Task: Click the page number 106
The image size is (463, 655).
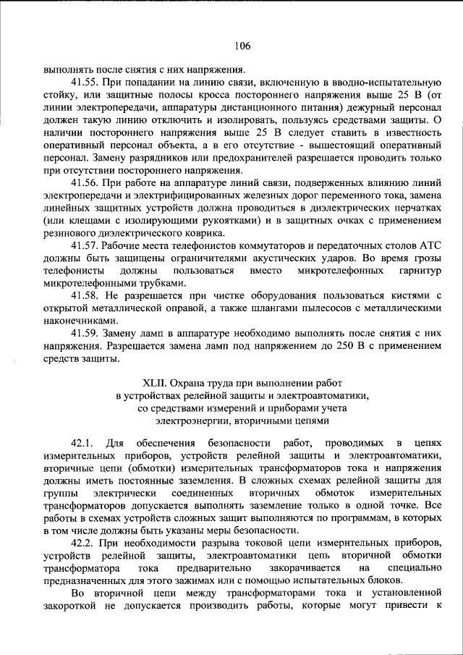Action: [x=242, y=46]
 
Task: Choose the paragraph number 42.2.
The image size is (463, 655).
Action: [x=85, y=543]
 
